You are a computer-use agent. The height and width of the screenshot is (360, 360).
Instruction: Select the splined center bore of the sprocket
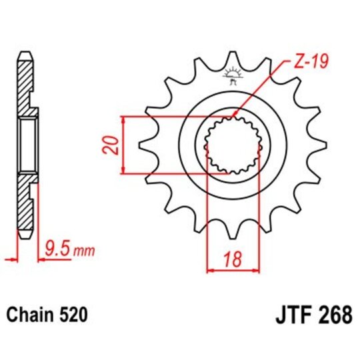click(x=231, y=145)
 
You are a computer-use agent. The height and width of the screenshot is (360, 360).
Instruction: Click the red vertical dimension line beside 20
click(x=124, y=146)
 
